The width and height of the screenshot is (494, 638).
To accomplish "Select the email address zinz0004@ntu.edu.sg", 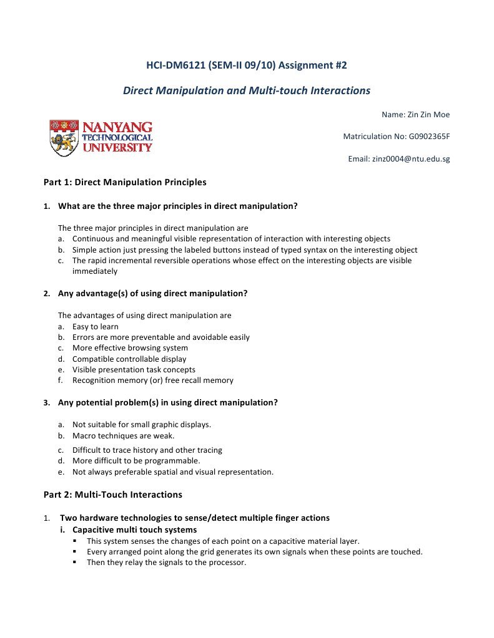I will pos(410,159).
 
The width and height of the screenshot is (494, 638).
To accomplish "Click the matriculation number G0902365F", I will pos(428,137).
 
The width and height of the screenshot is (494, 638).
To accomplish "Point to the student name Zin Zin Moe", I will pos(428,114).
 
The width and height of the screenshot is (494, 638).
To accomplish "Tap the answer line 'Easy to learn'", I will pos(95,326).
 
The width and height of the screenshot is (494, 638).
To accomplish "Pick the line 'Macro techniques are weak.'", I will pos(123,435).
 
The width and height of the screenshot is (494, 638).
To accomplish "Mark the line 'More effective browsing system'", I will pos(130,348).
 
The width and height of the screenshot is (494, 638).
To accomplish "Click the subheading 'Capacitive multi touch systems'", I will pos(134,529).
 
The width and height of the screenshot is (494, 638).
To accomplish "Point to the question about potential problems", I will pos(167,402).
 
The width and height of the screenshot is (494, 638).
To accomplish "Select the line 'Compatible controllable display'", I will pos(129,359).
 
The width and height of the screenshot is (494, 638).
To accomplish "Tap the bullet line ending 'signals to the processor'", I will pos(166,563).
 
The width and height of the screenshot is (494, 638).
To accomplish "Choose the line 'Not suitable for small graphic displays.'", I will pos(141,425).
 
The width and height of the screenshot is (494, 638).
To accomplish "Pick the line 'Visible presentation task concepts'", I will pos(134,369).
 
